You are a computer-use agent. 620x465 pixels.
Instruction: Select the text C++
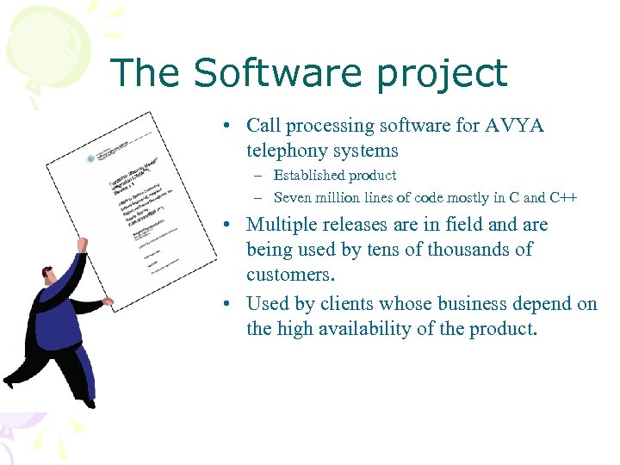point(564,197)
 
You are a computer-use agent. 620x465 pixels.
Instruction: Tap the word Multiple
point(281,225)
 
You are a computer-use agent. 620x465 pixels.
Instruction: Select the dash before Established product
point(257,177)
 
